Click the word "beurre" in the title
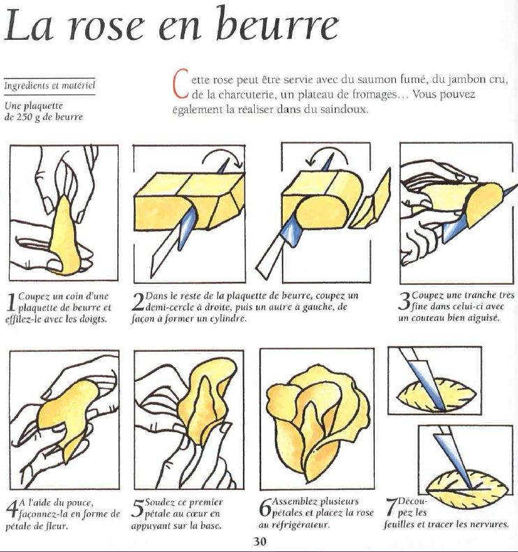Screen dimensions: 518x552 (276, 24)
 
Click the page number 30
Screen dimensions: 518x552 (260, 541)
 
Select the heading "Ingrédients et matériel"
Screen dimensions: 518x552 (50, 86)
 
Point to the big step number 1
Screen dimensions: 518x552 (11, 303)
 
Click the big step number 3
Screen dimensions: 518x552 (404, 301)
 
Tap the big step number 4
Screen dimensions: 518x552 (12, 508)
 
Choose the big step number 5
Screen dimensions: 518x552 (138, 508)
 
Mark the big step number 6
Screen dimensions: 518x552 (265, 507)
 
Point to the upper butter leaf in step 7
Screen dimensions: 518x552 (436, 394)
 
